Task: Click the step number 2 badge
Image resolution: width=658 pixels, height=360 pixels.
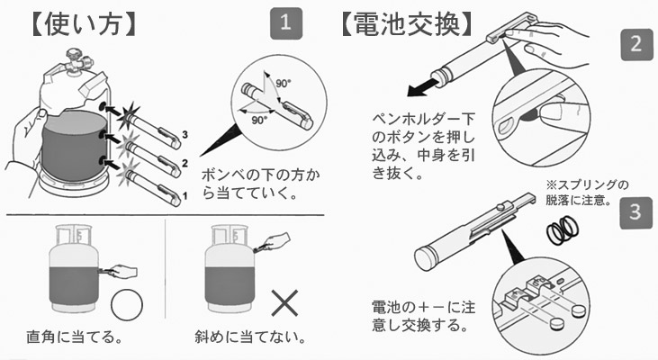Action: click(635, 45)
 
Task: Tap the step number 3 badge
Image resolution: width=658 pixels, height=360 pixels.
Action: click(635, 214)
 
